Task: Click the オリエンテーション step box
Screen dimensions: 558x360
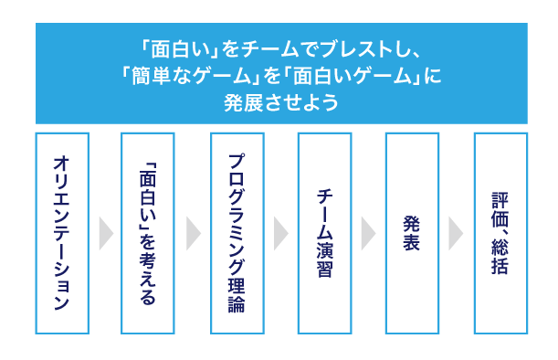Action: (x=61, y=233)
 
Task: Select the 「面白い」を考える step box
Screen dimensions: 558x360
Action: (x=149, y=233)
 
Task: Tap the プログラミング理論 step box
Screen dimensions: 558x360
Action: (x=237, y=233)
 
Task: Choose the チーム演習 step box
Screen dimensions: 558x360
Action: (x=324, y=233)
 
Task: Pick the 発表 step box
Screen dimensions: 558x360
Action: (x=412, y=233)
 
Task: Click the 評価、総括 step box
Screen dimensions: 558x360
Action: (x=500, y=233)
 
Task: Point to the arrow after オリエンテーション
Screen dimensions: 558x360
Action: (x=105, y=233)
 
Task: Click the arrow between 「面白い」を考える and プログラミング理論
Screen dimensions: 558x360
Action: (x=193, y=233)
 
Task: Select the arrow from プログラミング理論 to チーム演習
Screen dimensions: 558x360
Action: (x=280, y=233)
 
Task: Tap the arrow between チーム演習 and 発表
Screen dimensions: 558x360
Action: (x=368, y=233)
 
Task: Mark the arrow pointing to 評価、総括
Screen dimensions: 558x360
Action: (x=456, y=233)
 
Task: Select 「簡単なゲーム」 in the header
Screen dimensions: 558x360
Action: (x=182, y=75)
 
